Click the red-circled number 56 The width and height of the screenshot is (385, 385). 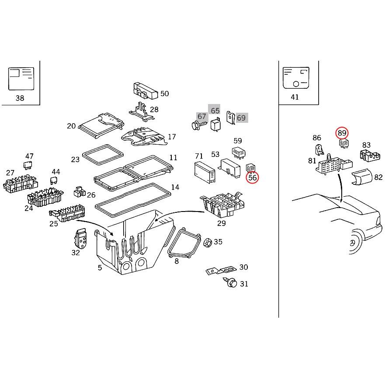pos(253,177)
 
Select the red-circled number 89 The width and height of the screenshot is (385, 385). pos(342,133)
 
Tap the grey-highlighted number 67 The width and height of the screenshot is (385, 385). pos(201,116)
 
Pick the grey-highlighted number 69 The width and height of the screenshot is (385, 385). pos(241,118)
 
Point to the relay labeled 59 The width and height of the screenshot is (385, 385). pos(239,153)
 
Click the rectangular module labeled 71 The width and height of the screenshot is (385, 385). pos(204,171)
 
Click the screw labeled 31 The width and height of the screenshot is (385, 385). pos(232,283)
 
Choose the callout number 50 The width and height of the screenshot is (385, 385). pos(164,94)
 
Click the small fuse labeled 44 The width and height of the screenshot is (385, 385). pos(54,180)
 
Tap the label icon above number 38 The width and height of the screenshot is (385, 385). pos(21,79)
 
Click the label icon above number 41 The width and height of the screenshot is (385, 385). pos(296,78)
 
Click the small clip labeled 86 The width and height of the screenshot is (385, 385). pos(319,150)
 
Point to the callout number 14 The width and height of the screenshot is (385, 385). pos(175,187)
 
